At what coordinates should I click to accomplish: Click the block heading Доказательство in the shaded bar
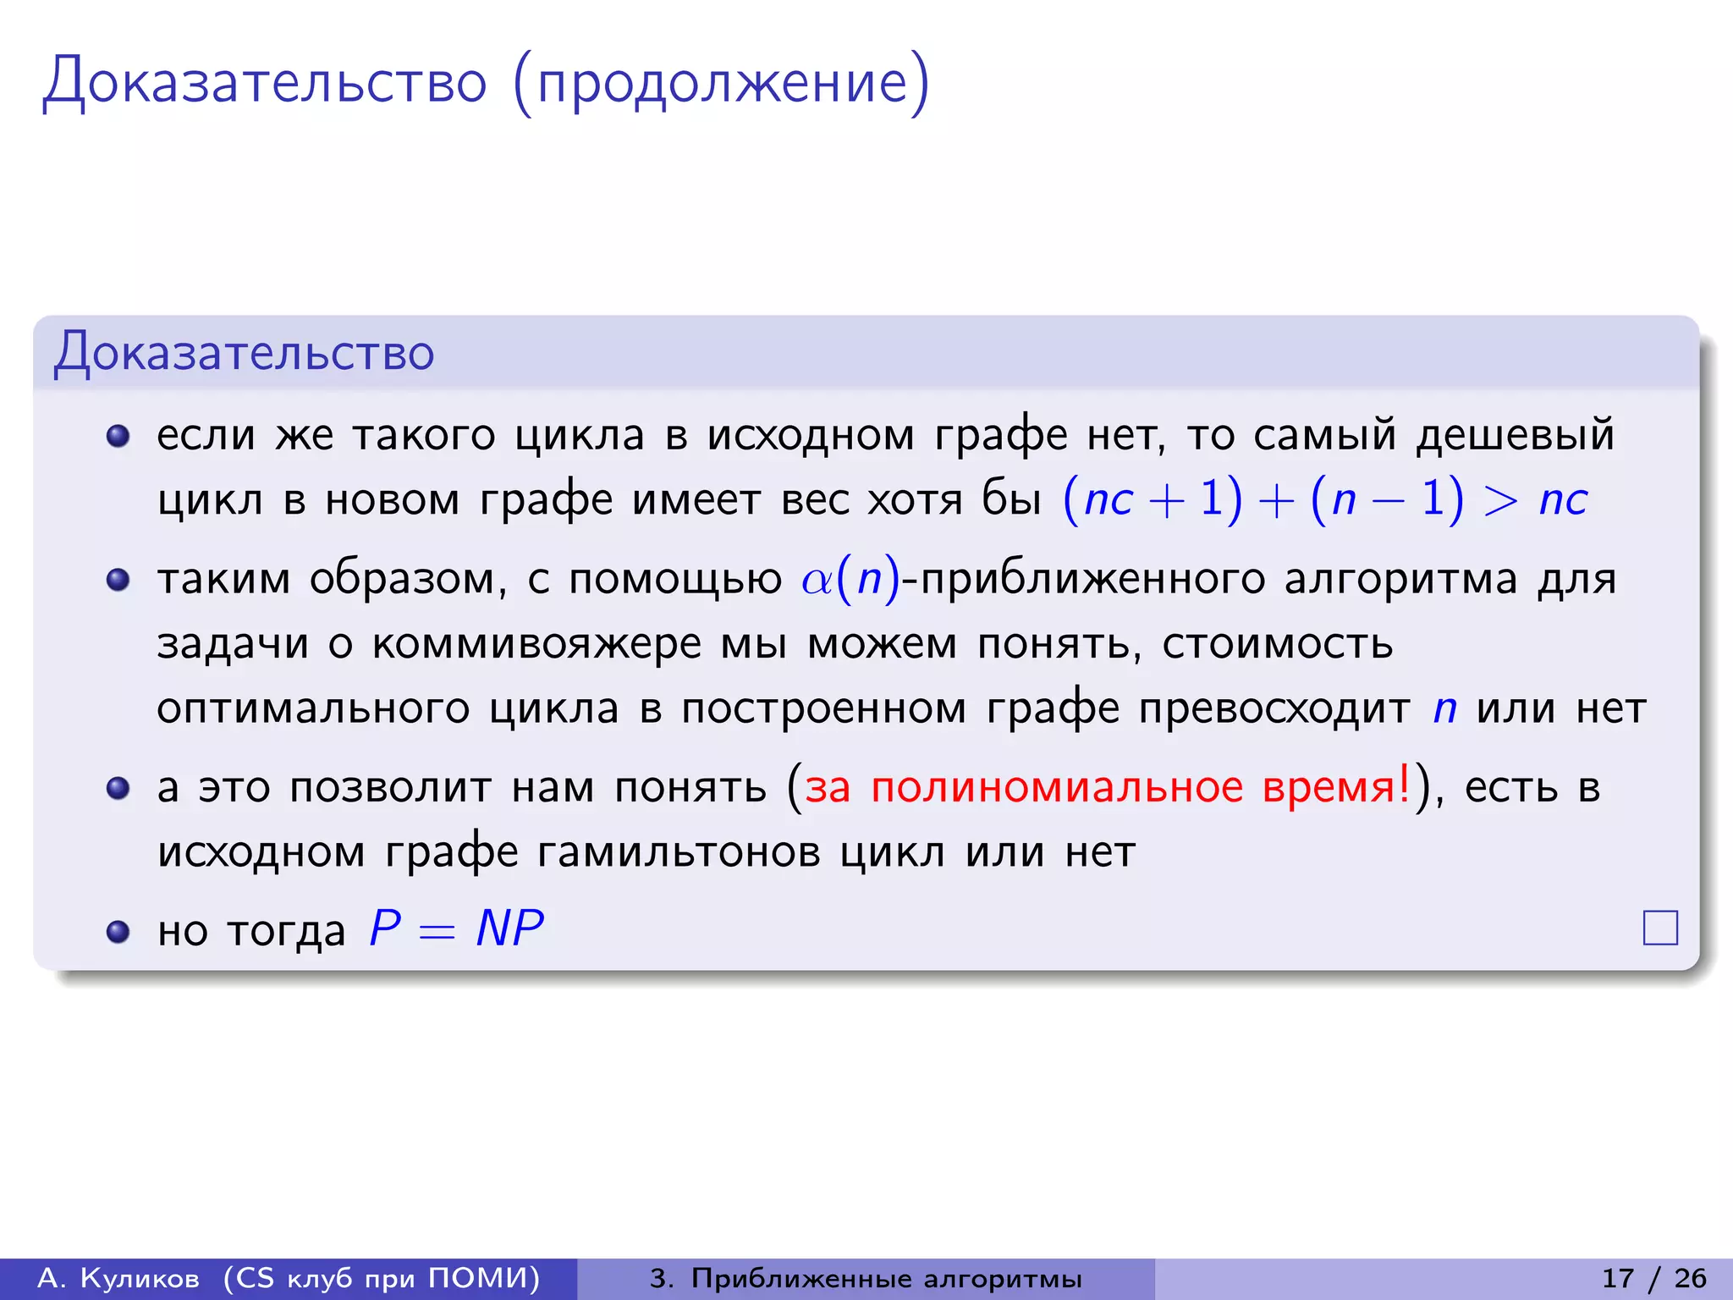click(245, 352)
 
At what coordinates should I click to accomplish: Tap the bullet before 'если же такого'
click(118, 436)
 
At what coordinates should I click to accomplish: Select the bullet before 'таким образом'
click(118, 580)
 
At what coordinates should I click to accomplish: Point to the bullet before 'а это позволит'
click(118, 788)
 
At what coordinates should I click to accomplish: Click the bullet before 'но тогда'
click(118, 932)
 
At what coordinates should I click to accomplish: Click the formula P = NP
click(457, 928)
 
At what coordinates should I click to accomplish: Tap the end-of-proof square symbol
click(1660, 928)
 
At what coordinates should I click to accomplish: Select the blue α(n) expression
click(850, 581)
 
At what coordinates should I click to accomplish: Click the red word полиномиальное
click(1057, 787)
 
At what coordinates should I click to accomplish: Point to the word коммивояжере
click(536, 644)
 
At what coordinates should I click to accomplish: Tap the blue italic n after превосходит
click(1444, 708)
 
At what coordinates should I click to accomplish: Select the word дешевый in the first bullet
click(1516, 436)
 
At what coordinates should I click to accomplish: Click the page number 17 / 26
click(1653, 1278)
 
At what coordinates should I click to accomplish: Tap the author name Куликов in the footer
click(140, 1278)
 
